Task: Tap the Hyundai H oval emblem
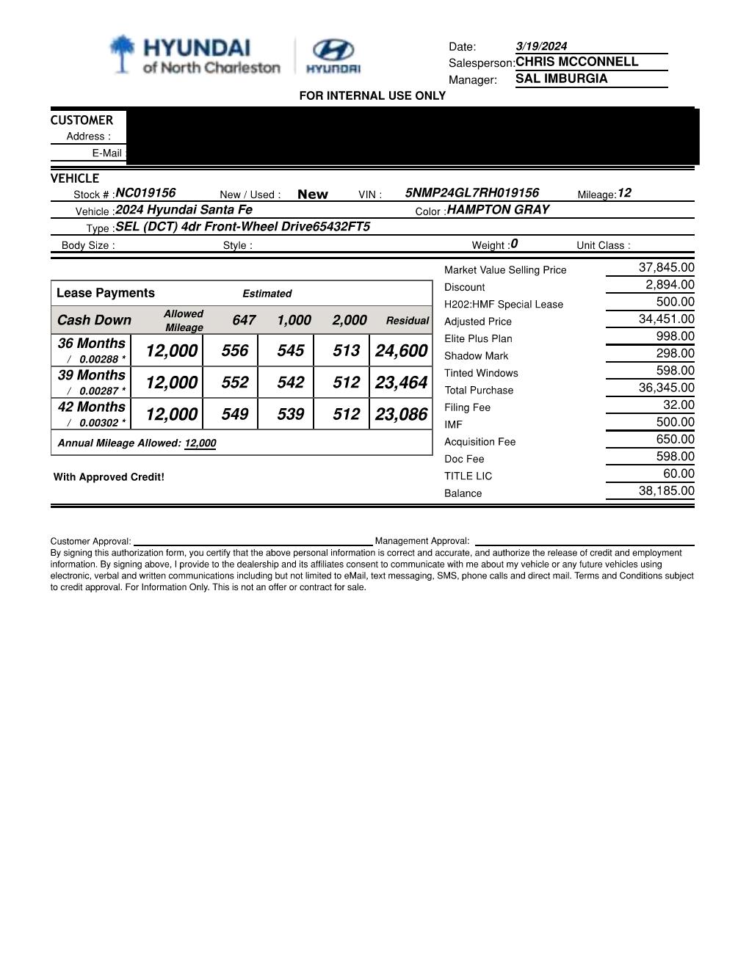[x=333, y=50]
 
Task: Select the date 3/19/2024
[x=541, y=46]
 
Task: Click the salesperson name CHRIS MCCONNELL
[x=576, y=62]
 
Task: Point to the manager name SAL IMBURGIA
[x=561, y=79]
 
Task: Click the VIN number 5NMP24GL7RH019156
[x=471, y=193]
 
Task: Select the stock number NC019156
[x=145, y=193]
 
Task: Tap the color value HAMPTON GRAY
[x=498, y=210]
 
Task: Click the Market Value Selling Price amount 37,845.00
[x=666, y=268]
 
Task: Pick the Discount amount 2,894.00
[x=670, y=285]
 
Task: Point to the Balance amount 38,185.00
[x=666, y=491]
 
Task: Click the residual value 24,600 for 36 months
[x=401, y=351]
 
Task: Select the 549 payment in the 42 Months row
[x=234, y=415]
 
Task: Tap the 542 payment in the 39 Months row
[x=290, y=382]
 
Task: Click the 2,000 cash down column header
[x=349, y=320]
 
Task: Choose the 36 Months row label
[x=92, y=344]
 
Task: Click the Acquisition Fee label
[x=480, y=442]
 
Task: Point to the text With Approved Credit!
[x=109, y=477]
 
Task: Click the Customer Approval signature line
[x=253, y=542]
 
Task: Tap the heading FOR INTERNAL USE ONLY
[x=372, y=96]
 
